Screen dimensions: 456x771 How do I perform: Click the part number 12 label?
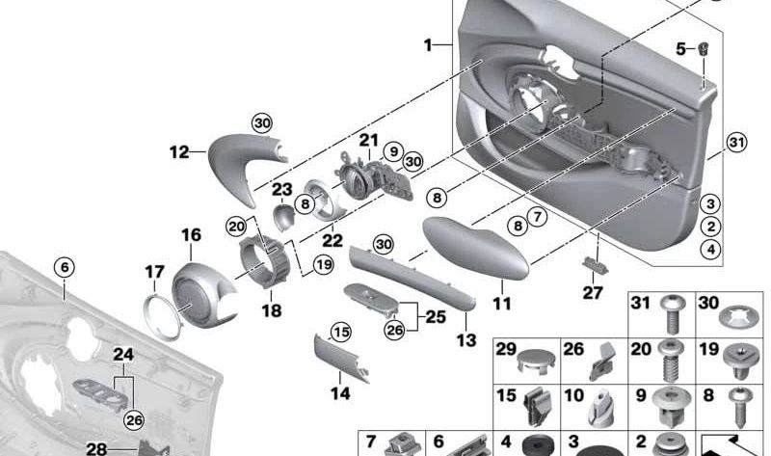click(178, 152)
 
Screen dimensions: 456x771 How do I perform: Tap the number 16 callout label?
click(191, 234)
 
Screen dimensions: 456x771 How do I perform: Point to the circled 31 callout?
click(736, 144)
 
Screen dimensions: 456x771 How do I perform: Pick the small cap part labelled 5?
click(705, 48)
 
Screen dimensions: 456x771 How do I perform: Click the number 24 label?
click(122, 355)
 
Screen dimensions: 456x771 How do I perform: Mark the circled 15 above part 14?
click(338, 333)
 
